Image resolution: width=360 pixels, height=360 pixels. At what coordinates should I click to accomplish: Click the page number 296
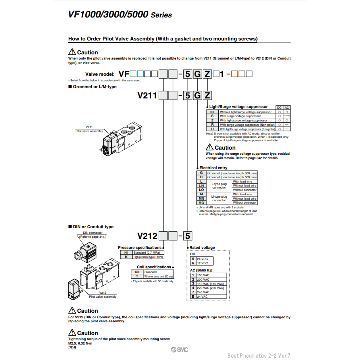[x=72, y=348]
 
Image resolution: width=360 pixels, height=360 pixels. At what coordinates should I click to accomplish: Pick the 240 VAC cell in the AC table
[x=211, y=292]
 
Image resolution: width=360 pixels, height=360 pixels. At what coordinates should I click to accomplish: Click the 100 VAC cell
[x=211, y=275]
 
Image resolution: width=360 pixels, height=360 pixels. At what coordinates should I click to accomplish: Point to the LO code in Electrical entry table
[x=201, y=190]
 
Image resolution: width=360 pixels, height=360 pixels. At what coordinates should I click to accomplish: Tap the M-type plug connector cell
[x=219, y=198]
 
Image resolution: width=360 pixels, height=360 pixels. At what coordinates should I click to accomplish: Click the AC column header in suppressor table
[x=287, y=108]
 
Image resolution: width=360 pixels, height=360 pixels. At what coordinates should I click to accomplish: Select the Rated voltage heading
[x=202, y=248]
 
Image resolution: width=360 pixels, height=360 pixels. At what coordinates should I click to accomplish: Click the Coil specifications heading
[x=154, y=267]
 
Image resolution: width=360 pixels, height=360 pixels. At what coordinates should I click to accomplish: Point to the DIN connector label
[x=92, y=233]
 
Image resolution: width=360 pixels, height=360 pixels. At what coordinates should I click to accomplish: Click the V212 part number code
[x=147, y=236]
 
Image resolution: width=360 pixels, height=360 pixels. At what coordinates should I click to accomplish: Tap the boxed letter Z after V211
[x=207, y=96]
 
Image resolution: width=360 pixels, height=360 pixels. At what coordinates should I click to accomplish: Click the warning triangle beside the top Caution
[x=72, y=52]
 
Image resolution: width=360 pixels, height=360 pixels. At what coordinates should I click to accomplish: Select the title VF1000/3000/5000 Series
[x=120, y=15]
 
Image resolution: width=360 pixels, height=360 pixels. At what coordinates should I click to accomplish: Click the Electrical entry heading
[x=214, y=168]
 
